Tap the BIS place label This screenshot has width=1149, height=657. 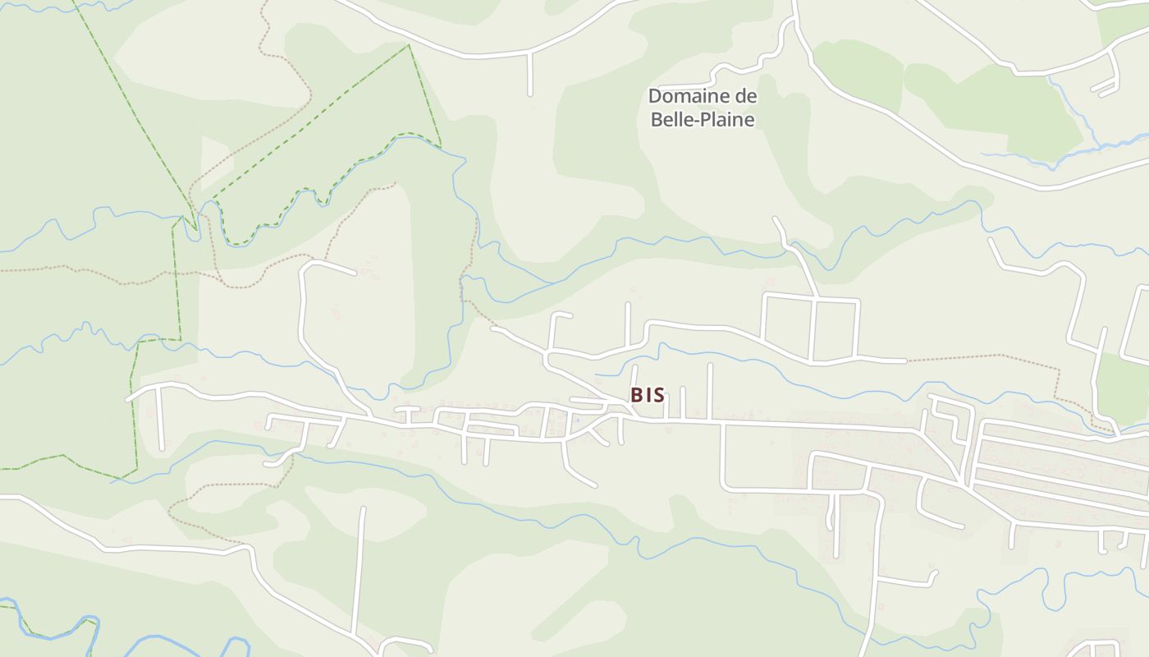click(648, 395)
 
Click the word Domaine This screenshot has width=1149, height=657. click(681, 96)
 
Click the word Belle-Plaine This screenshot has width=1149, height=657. click(703, 119)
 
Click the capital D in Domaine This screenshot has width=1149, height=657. click(655, 96)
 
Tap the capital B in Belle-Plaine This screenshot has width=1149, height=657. click(657, 119)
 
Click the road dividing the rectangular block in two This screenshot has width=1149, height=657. click(813, 328)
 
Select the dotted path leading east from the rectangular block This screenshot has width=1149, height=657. click(985, 356)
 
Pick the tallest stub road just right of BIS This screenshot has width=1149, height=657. click(710, 390)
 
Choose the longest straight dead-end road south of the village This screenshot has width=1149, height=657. click(359, 567)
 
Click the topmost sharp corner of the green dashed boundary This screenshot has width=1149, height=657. click(409, 46)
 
